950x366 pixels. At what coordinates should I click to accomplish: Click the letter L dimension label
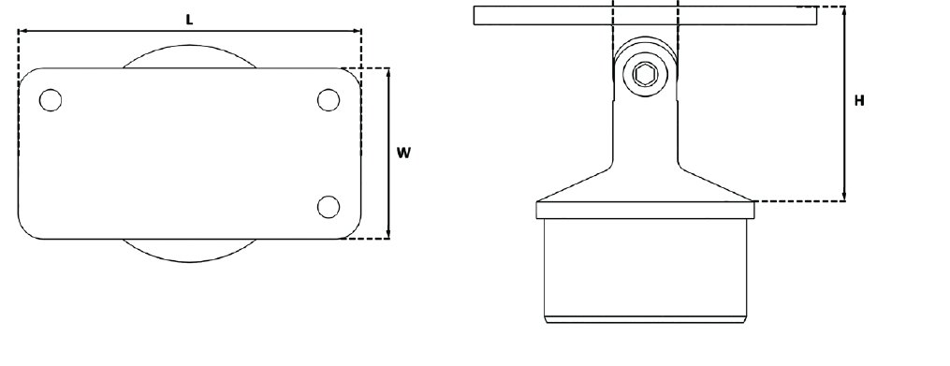click(190, 20)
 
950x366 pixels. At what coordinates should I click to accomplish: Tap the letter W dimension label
click(403, 153)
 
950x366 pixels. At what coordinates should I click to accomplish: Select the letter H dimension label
click(859, 101)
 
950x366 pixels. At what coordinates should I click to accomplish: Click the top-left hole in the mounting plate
click(51, 99)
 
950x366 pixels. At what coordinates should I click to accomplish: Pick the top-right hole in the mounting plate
click(328, 99)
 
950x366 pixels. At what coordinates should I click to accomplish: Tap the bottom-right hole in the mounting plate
click(328, 206)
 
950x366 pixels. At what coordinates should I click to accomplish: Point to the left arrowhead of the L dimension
click(22, 32)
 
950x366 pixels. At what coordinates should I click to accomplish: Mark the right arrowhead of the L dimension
click(358, 32)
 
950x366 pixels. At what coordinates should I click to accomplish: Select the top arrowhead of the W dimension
click(387, 72)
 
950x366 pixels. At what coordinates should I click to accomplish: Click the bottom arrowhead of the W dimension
click(387, 235)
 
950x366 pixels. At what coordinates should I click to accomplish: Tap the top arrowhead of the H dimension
click(845, 10)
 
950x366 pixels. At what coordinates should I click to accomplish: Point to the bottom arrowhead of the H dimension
click(845, 197)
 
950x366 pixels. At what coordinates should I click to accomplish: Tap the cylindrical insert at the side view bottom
click(645, 271)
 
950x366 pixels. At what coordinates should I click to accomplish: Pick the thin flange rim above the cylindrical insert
click(645, 210)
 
